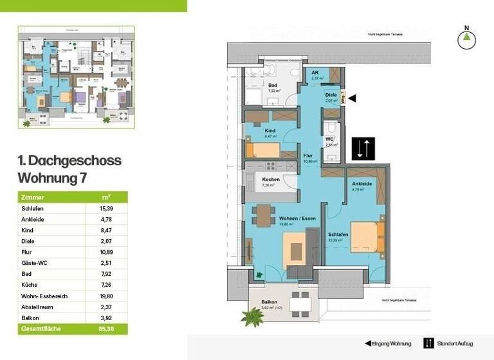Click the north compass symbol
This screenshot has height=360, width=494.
pyautogui.click(x=466, y=39)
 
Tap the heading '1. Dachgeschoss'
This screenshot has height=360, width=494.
pyautogui.click(x=69, y=161)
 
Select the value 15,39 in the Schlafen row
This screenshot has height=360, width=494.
pyautogui.click(x=106, y=209)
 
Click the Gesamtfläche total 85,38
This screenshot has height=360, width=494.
pyautogui.click(x=106, y=329)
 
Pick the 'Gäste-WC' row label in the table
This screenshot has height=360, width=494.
pyautogui.click(x=36, y=263)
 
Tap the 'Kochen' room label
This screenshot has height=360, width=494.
pyautogui.click(x=270, y=180)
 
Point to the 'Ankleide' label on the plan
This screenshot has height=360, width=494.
pyautogui.click(x=363, y=184)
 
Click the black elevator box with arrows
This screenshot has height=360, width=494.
pyautogui.click(x=360, y=149)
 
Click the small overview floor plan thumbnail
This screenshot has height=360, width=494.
pyautogui.click(x=76, y=75)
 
